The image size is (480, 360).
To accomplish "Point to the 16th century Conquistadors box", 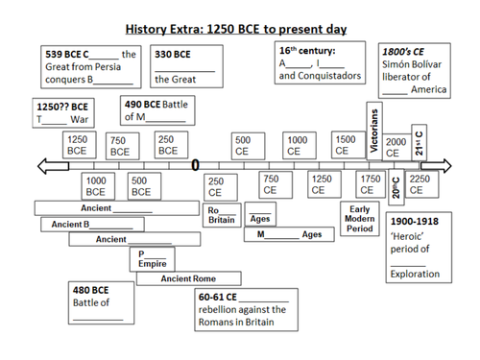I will click(x=320, y=61).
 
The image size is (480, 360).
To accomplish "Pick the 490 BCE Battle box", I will click(x=161, y=109).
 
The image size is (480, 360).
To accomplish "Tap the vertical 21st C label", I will click(x=419, y=141).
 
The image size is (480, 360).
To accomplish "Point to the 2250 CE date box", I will click(x=419, y=183).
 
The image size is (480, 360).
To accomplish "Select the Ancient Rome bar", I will click(x=188, y=278).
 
